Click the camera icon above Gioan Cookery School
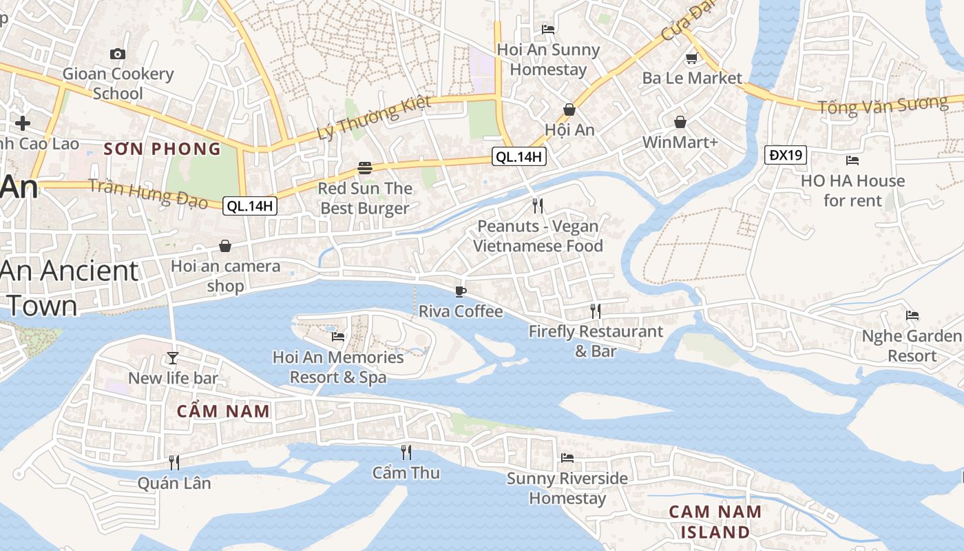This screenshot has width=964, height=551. (x=118, y=54)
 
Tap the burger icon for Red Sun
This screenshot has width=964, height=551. (x=365, y=168)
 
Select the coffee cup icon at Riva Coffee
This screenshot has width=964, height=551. (x=461, y=291)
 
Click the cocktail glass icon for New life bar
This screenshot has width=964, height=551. (x=173, y=357)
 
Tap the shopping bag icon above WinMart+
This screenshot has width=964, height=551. (x=680, y=122)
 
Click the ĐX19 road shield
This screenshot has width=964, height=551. (x=786, y=155)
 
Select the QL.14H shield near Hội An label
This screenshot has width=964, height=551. (x=519, y=157)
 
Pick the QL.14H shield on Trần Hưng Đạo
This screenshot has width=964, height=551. (x=250, y=205)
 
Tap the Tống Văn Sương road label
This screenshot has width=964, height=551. (x=883, y=105)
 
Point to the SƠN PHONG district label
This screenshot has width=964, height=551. (x=163, y=148)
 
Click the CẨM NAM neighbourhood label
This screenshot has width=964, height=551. (x=223, y=411)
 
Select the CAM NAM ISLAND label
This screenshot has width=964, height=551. (x=715, y=521)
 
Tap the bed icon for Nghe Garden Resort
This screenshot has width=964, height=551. (x=912, y=315)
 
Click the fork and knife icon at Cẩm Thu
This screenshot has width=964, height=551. (x=406, y=453)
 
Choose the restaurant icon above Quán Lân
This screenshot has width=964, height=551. (x=174, y=462)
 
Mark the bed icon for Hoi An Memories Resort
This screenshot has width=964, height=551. (x=338, y=337)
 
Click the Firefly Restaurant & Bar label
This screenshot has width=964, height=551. (x=596, y=341)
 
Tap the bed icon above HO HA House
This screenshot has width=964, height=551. (x=852, y=160)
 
